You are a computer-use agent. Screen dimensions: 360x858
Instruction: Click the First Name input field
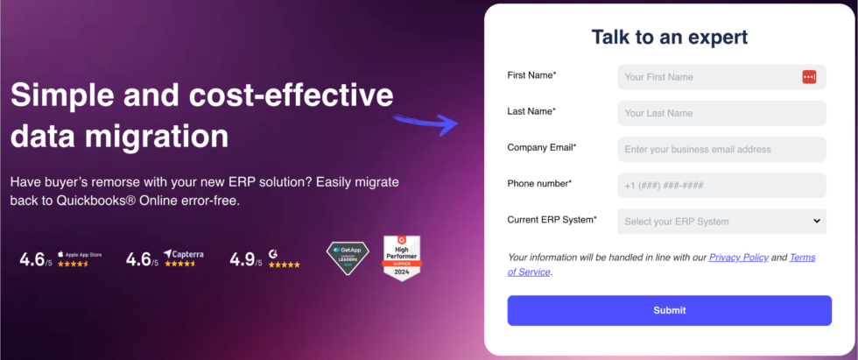point(709,77)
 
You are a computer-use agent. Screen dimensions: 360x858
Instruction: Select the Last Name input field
point(721,113)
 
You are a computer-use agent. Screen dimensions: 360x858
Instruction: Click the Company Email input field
point(721,149)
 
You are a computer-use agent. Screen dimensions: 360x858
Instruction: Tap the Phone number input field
point(721,186)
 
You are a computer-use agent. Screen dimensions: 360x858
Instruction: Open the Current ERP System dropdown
point(721,222)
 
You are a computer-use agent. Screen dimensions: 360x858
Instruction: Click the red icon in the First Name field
point(809,77)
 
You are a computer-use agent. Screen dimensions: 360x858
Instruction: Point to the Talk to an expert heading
point(670,37)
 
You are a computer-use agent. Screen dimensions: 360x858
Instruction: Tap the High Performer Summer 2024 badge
point(403,258)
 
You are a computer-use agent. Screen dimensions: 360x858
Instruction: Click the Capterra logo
point(184,254)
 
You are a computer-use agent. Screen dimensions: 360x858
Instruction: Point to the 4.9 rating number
point(241,259)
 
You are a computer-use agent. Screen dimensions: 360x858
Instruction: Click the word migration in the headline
point(162,137)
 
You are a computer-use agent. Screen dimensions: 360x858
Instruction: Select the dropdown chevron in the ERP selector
point(816,222)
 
